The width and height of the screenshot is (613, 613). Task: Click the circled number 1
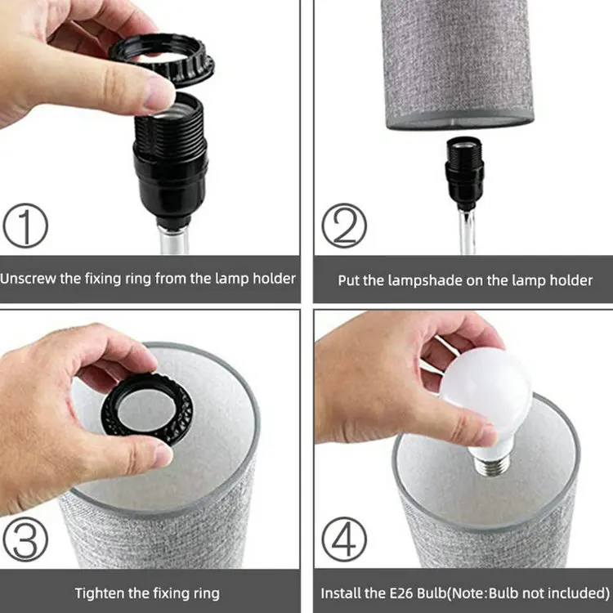pyautogui.click(x=25, y=226)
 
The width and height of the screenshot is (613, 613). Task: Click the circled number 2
pyautogui.click(x=344, y=226)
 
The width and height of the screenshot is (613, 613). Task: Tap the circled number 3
pyautogui.click(x=25, y=539)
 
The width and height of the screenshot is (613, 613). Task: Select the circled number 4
pyautogui.click(x=344, y=539)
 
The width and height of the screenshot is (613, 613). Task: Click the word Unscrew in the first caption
pyautogui.click(x=28, y=279)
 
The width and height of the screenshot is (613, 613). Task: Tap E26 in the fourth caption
pyautogui.click(x=401, y=593)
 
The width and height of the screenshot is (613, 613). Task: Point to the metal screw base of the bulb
pyautogui.click(x=491, y=465)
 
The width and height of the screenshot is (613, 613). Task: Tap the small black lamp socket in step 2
pyautogui.click(x=464, y=172)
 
